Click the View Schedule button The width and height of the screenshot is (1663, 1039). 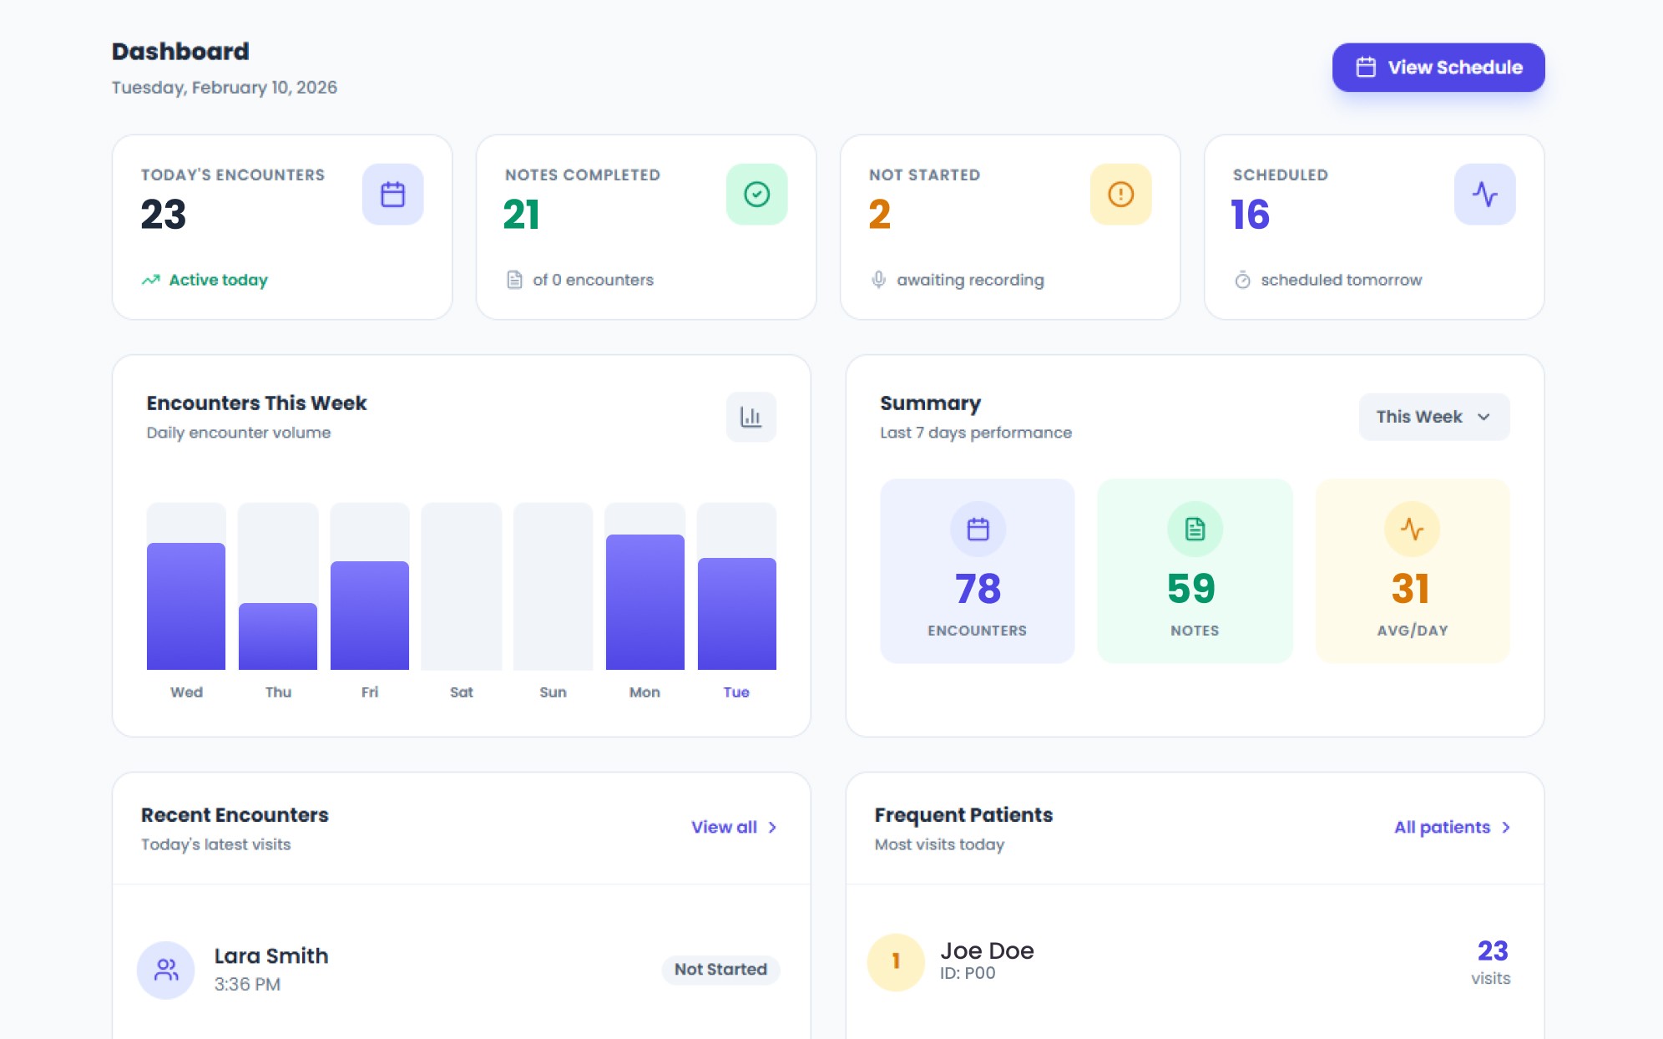point(1438,68)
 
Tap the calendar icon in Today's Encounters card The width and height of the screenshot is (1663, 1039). point(392,195)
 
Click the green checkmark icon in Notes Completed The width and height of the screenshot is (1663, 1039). point(756,195)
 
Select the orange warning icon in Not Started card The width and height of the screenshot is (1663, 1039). point(1120,195)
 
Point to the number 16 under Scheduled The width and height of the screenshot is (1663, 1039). point(1250,215)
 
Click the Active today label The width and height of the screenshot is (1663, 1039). point(219,280)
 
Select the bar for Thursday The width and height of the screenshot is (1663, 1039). point(278,636)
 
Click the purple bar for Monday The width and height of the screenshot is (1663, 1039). point(645,602)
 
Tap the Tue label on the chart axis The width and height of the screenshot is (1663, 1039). point(736,692)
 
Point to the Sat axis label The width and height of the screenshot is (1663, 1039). point(462,692)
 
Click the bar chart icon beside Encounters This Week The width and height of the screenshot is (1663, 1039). point(751,417)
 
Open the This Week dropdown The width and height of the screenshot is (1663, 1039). point(1434,417)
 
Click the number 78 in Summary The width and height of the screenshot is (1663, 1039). point(978,589)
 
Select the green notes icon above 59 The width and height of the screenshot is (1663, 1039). point(1195,529)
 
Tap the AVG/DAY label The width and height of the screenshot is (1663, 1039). point(1413,631)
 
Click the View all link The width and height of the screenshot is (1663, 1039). point(734,827)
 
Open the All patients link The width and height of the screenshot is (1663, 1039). point(1452,827)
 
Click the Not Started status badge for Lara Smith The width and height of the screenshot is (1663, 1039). point(720,970)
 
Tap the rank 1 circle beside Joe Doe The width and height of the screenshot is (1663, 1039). point(896,962)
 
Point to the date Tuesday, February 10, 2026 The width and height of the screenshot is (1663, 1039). point(225,88)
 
